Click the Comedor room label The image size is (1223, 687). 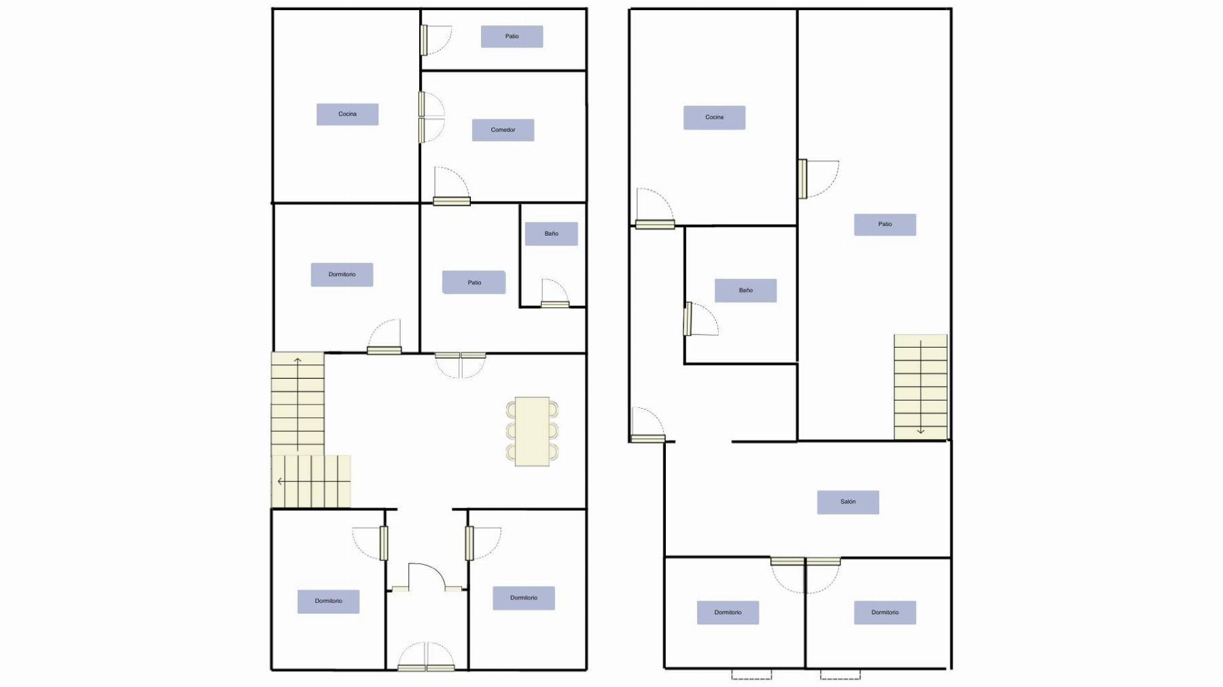click(503, 130)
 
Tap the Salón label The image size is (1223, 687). click(848, 502)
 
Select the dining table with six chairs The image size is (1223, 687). click(532, 431)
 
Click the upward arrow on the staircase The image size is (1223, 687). click(298, 404)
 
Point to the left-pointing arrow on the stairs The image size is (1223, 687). click(313, 481)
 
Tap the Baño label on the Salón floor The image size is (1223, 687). click(745, 290)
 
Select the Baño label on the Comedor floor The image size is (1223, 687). click(551, 234)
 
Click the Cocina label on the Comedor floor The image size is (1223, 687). click(347, 114)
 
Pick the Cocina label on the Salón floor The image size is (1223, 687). click(714, 117)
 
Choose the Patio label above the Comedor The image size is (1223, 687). click(512, 37)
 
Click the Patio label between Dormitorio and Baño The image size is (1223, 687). click(474, 282)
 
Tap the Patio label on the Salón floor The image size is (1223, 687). click(885, 224)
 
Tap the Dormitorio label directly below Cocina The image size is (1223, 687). click(342, 274)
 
